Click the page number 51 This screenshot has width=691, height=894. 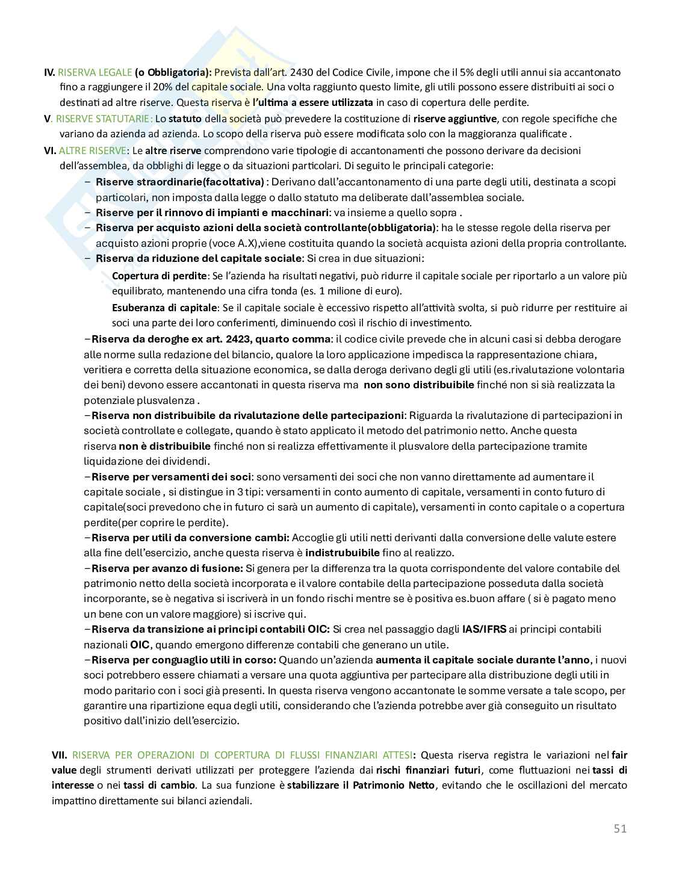(x=620, y=828)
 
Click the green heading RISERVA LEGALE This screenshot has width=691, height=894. (x=95, y=72)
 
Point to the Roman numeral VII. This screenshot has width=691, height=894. (x=60, y=755)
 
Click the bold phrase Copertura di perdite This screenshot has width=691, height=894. (x=159, y=276)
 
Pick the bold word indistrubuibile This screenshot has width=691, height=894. (x=342, y=553)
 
